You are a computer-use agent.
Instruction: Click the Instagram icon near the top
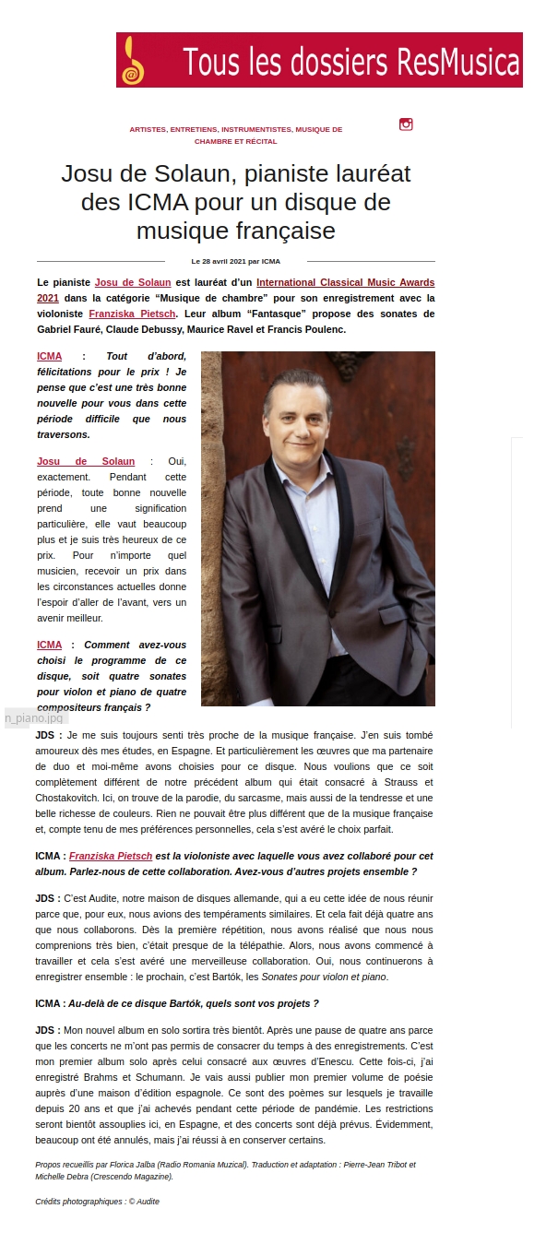[406, 124]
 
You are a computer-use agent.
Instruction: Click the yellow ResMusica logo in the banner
[134, 61]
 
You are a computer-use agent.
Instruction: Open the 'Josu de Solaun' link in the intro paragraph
[133, 282]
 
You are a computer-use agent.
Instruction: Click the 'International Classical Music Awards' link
[345, 282]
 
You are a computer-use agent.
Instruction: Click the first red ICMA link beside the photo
[50, 356]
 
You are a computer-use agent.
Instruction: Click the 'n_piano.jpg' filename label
[34, 717]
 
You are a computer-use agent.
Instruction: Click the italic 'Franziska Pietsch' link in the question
[111, 857]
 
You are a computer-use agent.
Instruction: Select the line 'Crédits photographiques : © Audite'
[97, 1202]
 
